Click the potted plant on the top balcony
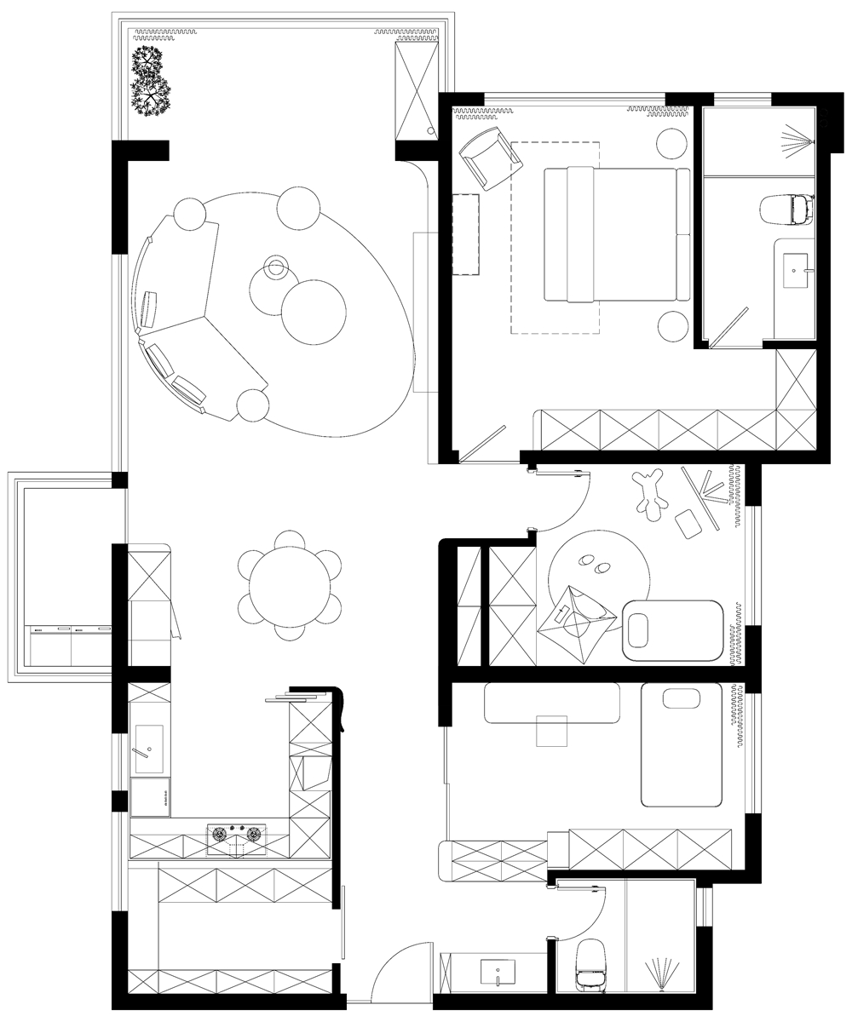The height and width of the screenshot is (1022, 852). pos(151,81)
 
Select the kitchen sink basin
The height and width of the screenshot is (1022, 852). pos(149,749)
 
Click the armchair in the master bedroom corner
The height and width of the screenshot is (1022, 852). pos(488,158)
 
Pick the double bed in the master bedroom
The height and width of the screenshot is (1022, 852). pos(616,234)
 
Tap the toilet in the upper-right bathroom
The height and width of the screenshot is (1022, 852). pos(786,209)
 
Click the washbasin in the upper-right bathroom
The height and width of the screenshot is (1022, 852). pos(795,270)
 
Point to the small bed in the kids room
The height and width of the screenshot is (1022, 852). pos(673,630)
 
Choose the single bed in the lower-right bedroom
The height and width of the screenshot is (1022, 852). pos(682,744)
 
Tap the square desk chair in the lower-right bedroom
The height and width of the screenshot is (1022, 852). pos(551,731)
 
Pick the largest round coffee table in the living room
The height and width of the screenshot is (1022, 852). pos(314,311)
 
